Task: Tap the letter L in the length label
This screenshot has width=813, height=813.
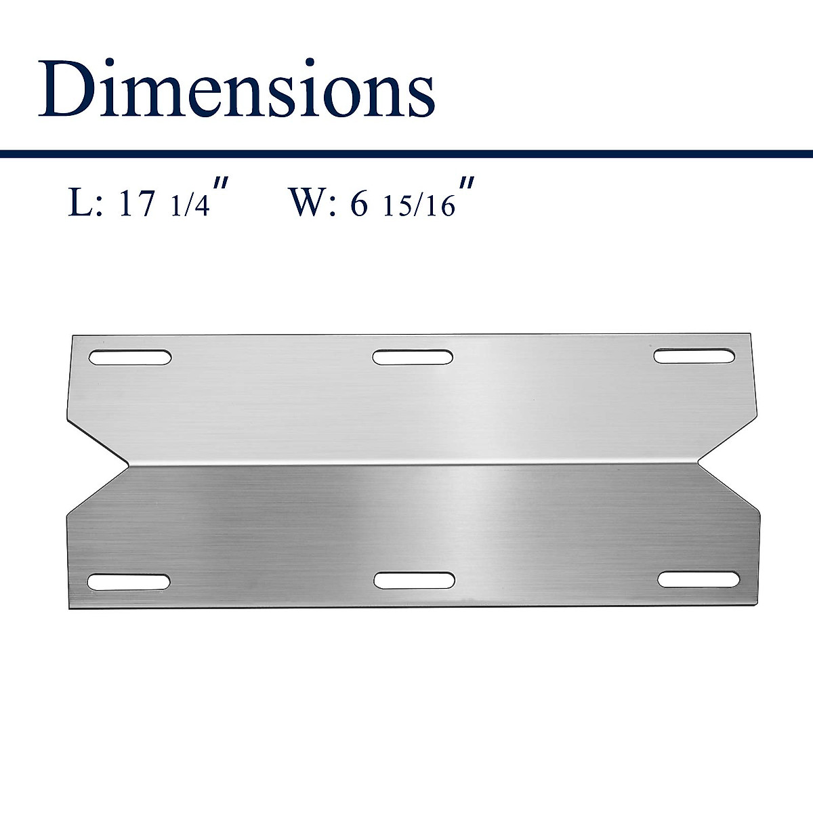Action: point(79,203)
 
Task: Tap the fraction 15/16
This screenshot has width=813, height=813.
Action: point(418,206)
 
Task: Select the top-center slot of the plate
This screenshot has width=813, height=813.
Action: point(413,356)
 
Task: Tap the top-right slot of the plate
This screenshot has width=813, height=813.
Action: point(694,356)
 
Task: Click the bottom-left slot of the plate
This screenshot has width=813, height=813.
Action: point(129,581)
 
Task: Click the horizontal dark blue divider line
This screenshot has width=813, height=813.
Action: point(406,154)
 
